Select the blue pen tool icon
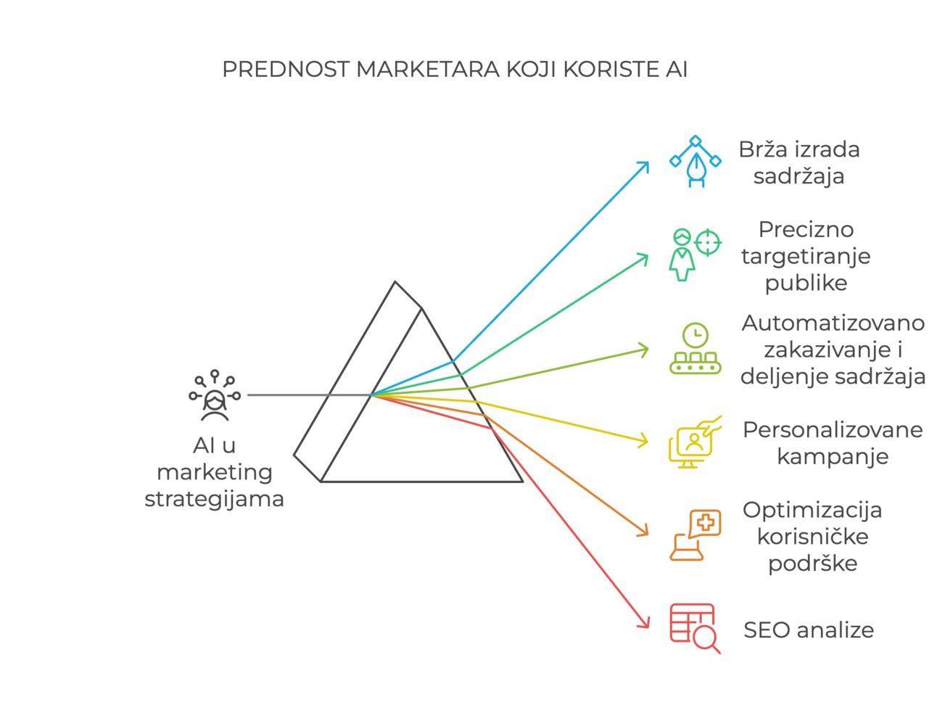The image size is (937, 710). point(695,161)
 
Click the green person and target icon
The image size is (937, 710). point(694,254)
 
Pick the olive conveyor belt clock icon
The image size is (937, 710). point(695,349)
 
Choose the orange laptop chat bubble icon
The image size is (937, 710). point(695,535)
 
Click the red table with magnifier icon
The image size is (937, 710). point(694,628)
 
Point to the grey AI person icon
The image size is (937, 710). point(215,396)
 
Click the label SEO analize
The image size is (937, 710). point(809,630)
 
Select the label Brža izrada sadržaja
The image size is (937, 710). point(798,162)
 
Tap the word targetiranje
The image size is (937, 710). point(806,256)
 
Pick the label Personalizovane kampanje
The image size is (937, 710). point(833,442)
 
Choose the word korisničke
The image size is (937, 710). point(812,537)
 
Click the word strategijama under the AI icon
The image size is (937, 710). point(214,499)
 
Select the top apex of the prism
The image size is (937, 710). point(395,282)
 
